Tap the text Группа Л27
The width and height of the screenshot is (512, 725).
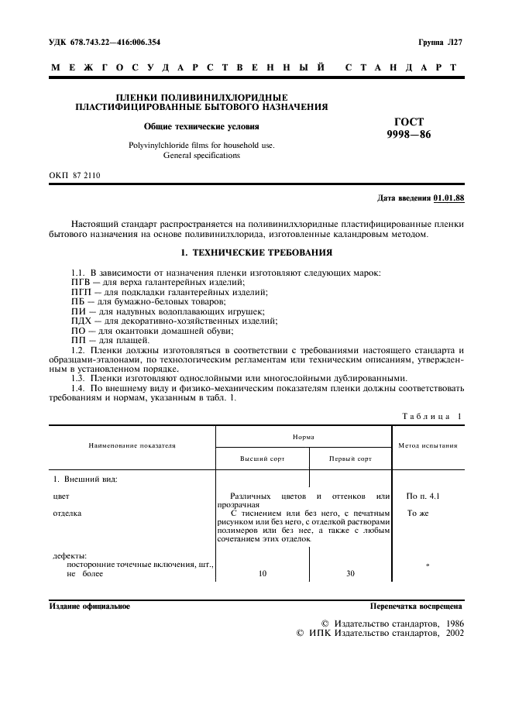pyautogui.click(x=441, y=42)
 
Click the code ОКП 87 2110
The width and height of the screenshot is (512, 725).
pyautogui.click(x=75, y=176)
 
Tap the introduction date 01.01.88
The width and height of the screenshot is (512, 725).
pyautogui.click(x=448, y=198)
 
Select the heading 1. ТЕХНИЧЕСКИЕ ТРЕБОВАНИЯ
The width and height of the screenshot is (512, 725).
pyautogui.click(x=256, y=253)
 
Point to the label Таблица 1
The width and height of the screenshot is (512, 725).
pyautogui.click(x=431, y=416)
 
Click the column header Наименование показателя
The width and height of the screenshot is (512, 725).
pyautogui.click(x=132, y=446)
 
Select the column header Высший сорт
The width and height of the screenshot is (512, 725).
pyautogui.click(x=262, y=459)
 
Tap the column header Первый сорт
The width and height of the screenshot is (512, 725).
pyautogui.click(x=350, y=459)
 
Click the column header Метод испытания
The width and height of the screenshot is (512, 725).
pyautogui.click(x=428, y=446)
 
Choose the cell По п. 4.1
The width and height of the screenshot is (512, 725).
pyautogui.click(x=427, y=496)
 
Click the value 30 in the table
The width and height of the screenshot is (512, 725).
pyautogui.click(x=350, y=574)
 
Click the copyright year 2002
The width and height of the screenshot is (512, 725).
pyautogui.click(x=450, y=634)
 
